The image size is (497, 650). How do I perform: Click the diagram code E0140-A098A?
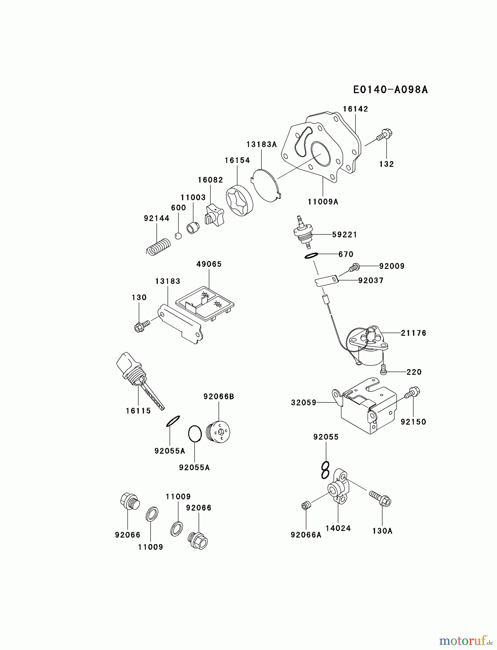[390, 90]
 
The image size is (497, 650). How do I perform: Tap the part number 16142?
[355, 109]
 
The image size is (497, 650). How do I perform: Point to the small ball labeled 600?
[178, 236]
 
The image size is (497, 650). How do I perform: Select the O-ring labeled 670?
[311, 256]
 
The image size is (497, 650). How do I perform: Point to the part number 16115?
[138, 411]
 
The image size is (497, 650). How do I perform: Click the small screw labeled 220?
[384, 370]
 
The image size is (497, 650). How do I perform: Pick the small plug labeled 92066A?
[306, 506]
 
